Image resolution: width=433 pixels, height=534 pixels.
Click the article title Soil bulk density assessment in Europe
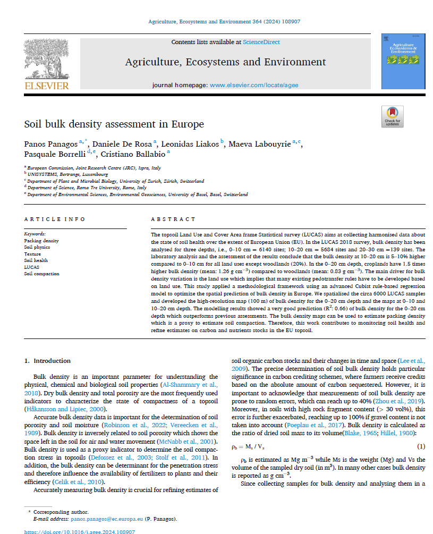[x=114, y=124]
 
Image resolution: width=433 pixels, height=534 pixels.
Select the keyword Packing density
[x=41, y=241]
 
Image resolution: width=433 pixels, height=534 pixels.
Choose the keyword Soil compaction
[x=42, y=274]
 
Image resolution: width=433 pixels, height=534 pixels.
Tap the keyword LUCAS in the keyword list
[x=32, y=267]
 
